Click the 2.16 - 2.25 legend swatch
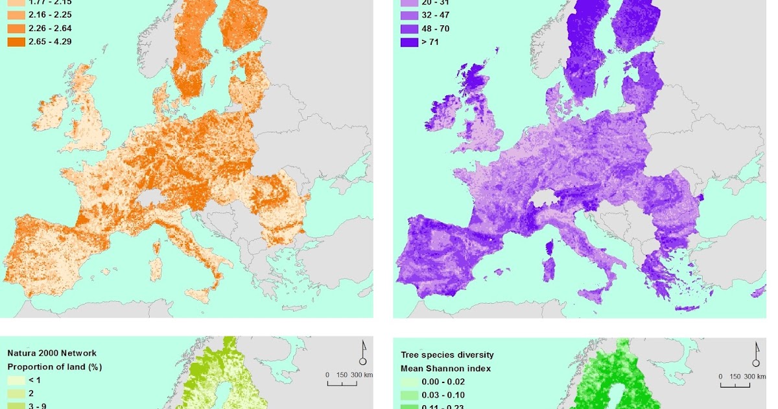[x=16, y=15]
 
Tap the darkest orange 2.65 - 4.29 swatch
[x=16, y=42]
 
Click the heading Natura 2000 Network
[x=52, y=353]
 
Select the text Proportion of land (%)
[x=54, y=367]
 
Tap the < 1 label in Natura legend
[x=35, y=380]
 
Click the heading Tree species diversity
[x=447, y=354]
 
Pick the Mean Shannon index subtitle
[x=446, y=368]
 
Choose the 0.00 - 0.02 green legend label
[x=444, y=382]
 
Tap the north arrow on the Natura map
[x=363, y=353]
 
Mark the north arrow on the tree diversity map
[x=755, y=354]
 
